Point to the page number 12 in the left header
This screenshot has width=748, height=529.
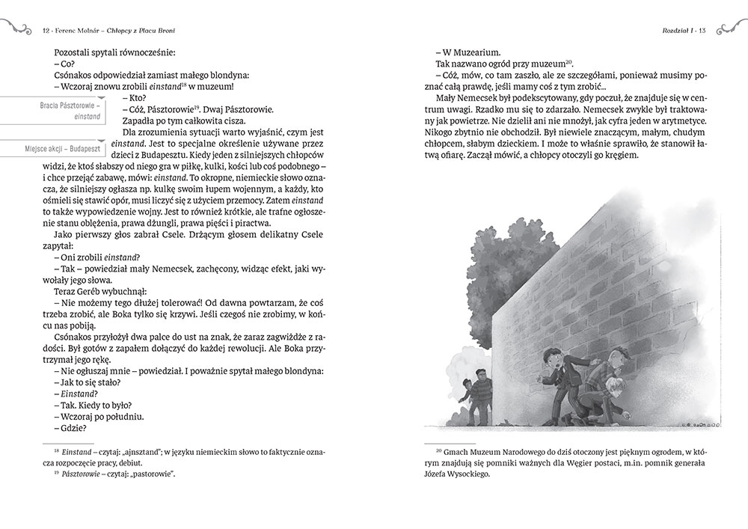point(47,31)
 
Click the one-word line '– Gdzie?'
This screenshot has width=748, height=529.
point(70,428)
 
